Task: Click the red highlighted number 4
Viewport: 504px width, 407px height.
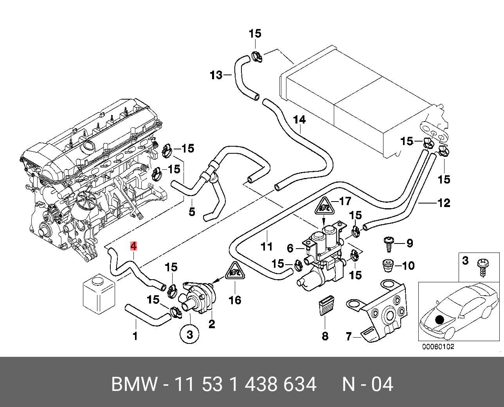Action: [133, 246]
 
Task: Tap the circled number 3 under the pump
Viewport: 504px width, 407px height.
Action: [189, 334]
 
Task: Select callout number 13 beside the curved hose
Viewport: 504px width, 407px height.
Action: [216, 75]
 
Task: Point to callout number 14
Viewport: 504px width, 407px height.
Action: [299, 120]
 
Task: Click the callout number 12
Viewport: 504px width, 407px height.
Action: [444, 203]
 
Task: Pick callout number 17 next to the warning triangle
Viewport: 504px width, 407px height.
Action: [345, 201]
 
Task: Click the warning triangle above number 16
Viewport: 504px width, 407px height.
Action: [235, 271]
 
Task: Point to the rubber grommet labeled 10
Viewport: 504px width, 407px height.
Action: [388, 266]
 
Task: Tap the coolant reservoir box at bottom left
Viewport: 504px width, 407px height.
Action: [99, 294]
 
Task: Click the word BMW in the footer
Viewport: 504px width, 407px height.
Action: [134, 384]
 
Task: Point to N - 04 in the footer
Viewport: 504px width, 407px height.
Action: [367, 384]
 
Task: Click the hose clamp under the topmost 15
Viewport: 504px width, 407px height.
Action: [257, 57]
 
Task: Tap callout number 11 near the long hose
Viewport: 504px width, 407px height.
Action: [267, 246]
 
